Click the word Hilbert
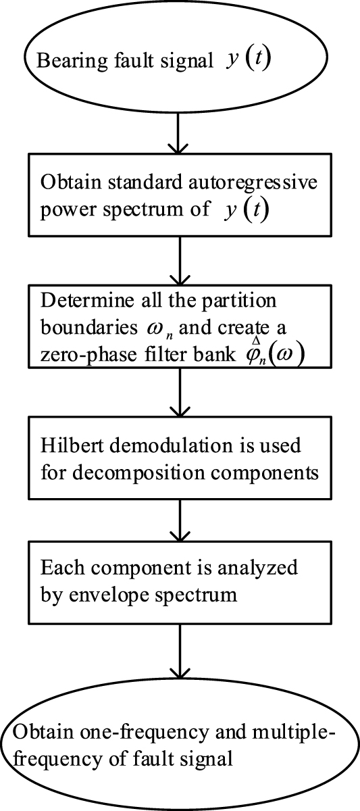(x=64, y=447)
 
